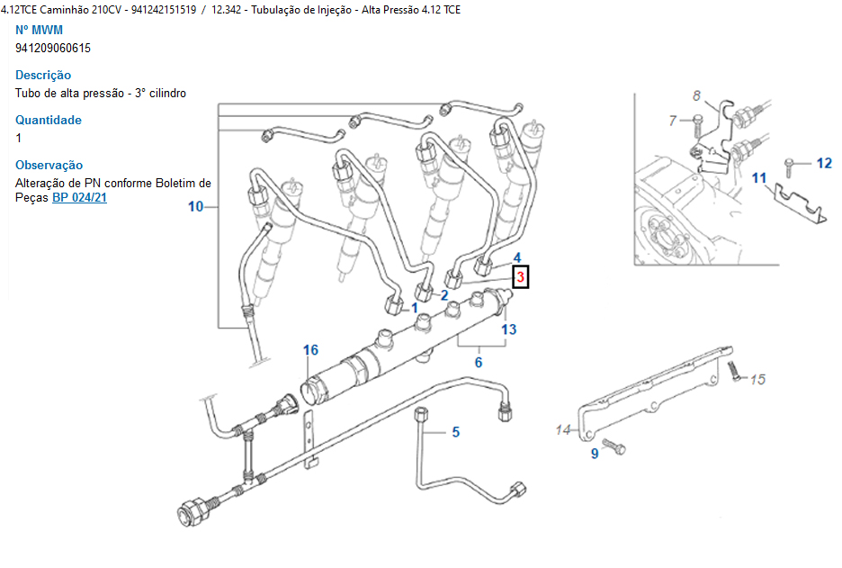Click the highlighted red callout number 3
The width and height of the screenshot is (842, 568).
click(x=520, y=278)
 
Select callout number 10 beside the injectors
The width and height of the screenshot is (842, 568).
click(x=196, y=206)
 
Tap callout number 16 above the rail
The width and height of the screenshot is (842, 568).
click(x=310, y=350)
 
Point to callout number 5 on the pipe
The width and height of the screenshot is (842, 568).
click(x=456, y=432)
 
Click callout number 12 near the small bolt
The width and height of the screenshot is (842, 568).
click(x=824, y=163)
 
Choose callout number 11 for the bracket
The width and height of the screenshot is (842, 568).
click(x=760, y=178)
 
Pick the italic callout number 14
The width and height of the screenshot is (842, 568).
click(x=563, y=430)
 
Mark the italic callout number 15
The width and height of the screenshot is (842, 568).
click(x=757, y=379)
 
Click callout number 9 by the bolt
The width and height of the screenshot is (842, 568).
click(x=594, y=454)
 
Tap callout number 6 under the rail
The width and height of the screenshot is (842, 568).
click(x=479, y=362)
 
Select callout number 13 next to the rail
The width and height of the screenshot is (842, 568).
click(x=509, y=329)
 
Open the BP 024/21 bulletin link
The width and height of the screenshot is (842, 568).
click(x=79, y=197)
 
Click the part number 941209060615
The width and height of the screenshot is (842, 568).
click(x=53, y=48)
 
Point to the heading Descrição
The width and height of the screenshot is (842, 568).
click(x=43, y=75)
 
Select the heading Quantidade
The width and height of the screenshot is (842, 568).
click(x=49, y=120)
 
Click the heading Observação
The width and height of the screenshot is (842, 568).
click(x=49, y=165)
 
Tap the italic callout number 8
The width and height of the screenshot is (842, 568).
click(x=696, y=95)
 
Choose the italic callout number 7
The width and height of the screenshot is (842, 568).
click(x=673, y=120)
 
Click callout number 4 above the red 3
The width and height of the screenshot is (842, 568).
click(x=517, y=258)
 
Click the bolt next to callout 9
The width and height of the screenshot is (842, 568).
click(x=614, y=445)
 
